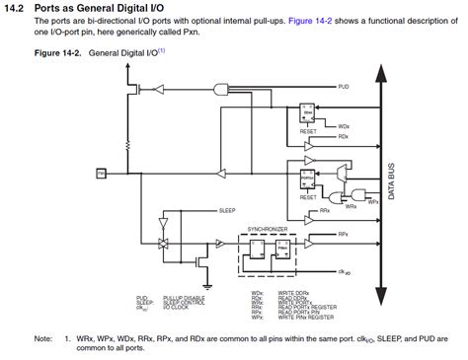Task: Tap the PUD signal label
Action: coord(344,87)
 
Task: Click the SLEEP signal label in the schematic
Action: coord(227,210)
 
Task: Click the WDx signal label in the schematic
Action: coord(344,125)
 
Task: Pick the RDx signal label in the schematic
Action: coord(344,136)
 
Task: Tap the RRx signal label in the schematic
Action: coord(325,211)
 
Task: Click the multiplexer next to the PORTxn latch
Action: coord(342,173)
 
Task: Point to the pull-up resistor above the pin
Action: coord(148,88)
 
